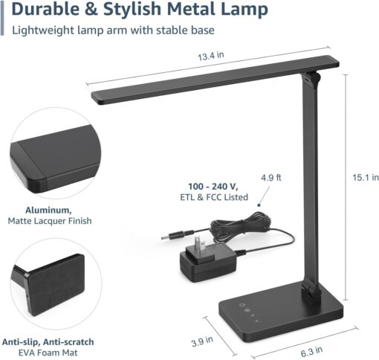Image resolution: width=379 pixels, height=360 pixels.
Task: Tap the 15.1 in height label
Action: pos(365,178)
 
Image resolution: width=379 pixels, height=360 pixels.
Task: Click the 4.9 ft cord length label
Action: pos(271,178)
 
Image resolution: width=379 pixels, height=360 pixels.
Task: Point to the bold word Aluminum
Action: pos(50,210)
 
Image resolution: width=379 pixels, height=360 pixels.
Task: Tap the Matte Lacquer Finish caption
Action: pos(50,221)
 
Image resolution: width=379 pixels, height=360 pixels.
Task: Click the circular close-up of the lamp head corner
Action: pos(51,153)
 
